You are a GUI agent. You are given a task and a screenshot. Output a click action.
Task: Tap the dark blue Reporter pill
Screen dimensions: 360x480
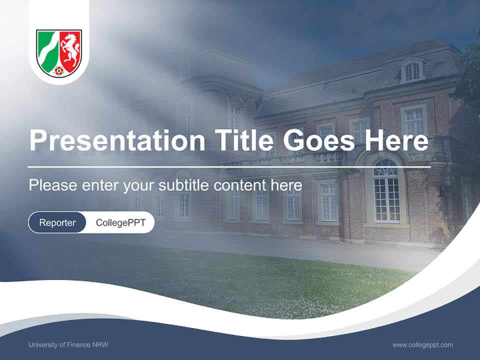point(57,222)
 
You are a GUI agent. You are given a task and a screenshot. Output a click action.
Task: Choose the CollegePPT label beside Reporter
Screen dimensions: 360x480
point(120,222)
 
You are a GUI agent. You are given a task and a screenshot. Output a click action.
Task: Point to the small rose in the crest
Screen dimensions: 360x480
point(59,70)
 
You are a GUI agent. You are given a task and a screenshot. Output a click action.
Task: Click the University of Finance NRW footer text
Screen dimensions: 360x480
point(68,345)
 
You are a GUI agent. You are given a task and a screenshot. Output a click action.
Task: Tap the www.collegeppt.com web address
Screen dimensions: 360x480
point(422,345)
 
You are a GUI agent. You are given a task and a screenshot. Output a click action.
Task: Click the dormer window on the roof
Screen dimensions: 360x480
point(412,71)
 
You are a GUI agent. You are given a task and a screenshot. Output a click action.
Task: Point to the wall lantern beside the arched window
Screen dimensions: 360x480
point(446,182)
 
